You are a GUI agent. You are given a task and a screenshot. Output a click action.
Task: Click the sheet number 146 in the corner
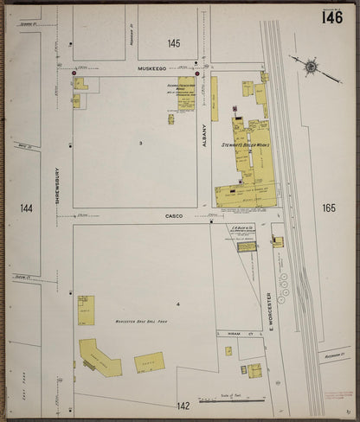331,17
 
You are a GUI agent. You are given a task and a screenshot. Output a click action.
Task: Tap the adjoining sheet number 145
174,43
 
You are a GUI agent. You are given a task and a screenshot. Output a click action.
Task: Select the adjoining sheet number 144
25,208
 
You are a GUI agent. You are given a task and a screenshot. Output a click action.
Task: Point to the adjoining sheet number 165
326,208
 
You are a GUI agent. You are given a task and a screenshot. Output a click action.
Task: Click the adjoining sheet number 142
183,405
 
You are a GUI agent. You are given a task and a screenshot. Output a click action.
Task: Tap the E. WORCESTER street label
270,309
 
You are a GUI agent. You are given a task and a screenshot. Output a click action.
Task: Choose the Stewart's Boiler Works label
247,145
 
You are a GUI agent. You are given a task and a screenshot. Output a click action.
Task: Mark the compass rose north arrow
309,66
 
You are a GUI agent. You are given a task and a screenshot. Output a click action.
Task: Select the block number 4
177,304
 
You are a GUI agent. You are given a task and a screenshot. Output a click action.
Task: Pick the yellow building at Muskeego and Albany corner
186,93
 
